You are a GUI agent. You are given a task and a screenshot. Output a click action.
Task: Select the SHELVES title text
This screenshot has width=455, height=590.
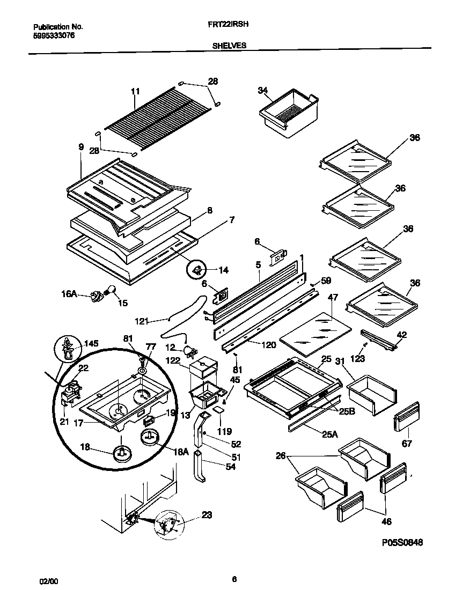tap(229, 46)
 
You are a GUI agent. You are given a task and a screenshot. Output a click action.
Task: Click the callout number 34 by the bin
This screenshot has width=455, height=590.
tap(262, 91)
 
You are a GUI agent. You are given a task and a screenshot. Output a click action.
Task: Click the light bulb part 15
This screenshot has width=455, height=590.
tap(111, 291)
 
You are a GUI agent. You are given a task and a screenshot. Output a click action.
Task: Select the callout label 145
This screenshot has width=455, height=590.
tap(92, 343)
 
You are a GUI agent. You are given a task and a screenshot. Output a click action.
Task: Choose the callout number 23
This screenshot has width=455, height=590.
tap(207, 515)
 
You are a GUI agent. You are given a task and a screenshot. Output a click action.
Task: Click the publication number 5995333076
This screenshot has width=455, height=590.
tap(54, 35)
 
